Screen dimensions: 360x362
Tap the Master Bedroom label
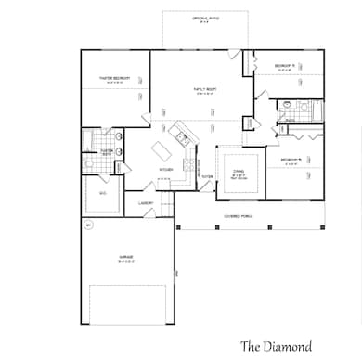pyautogui.click(x=114, y=79)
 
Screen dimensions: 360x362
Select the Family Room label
pyautogui.click(x=204, y=89)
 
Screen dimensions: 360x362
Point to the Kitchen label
pyautogui.click(x=165, y=170)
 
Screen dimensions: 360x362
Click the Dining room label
pyautogui.click(x=239, y=168)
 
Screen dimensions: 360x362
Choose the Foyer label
pyautogui.click(x=206, y=176)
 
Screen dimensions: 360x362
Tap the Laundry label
pyautogui.click(x=145, y=202)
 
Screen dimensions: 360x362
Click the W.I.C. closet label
pyautogui.click(x=103, y=194)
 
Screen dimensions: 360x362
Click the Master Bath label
pyautogui.click(x=107, y=150)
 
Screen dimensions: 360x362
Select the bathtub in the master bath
pyautogui.click(x=86, y=142)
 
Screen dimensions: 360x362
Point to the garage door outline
pyautogui.click(x=126, y=303)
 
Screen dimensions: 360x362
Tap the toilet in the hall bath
pyautogui.click(x=290, y=105)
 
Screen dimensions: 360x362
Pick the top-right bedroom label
pyautogui.click(x=285, y=65)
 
